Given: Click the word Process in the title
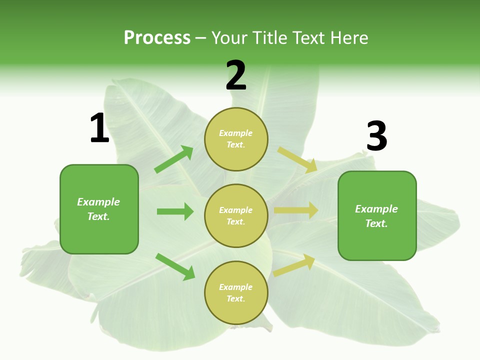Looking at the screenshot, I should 157,38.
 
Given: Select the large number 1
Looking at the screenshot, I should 99,128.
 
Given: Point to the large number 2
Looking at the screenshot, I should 236,75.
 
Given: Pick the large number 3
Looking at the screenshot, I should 376,136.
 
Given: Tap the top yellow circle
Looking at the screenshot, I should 236,138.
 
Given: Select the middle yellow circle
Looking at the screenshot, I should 236,215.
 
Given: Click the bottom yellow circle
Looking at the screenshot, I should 236,292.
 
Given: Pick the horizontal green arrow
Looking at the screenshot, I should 175,211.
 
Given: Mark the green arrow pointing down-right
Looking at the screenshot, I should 175,266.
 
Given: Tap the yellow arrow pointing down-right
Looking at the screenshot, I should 297,159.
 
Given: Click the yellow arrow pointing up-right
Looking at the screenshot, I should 294,264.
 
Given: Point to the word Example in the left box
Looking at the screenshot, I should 98,202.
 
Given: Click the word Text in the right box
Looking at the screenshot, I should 376,223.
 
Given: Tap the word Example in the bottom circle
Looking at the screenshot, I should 236,287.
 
